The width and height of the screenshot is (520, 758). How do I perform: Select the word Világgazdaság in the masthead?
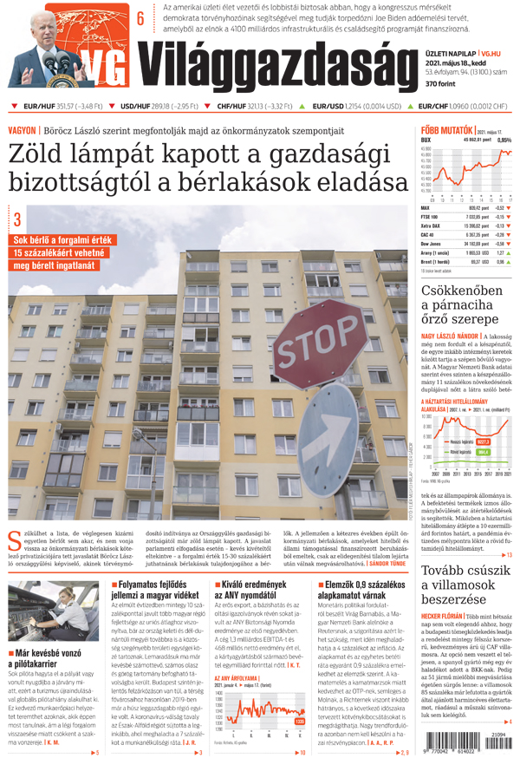pyautogui.click(x=273, y=64)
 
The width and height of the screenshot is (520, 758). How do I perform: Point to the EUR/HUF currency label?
pyautogui.click(x=38, y=107)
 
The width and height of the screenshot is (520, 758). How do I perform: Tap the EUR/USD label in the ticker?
pyautogui.click(x=328, y=107)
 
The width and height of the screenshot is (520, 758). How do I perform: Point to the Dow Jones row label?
pyautogui.click(x=433, y=245)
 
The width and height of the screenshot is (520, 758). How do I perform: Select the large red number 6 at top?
pyautogui.click(x=140, y=17)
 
